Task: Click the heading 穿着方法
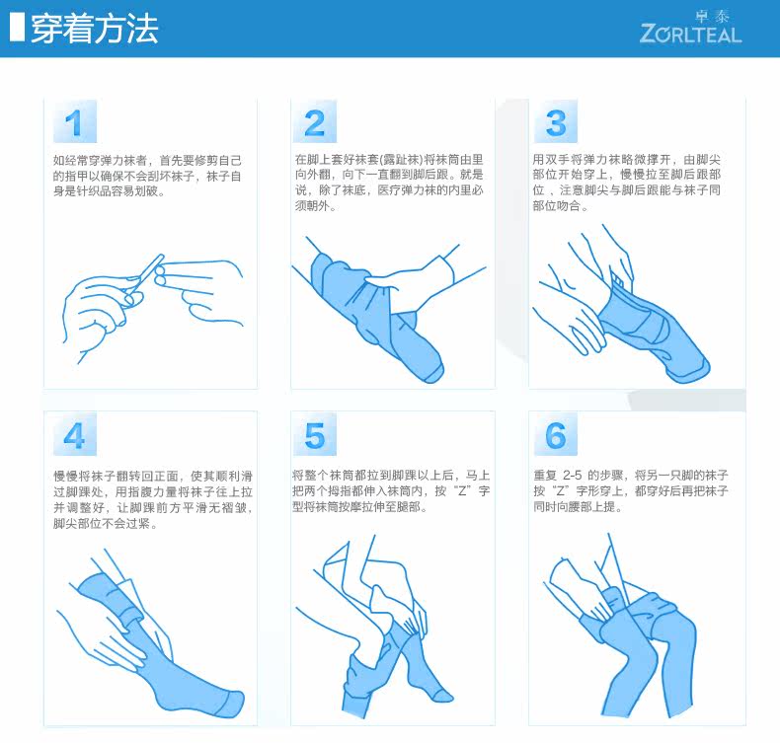[95, 29]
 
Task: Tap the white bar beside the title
[17, 28]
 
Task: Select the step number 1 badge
[75, 121]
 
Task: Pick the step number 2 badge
[314, 121]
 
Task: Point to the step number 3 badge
[556, 121]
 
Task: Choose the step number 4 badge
[75, 434]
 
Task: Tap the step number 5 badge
[314, 434]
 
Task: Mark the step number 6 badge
[556, 434]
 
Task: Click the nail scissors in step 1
[144, 280]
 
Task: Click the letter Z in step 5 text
[462, 491]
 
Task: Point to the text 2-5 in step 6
[572, 476]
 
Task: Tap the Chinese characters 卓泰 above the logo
[712, 17]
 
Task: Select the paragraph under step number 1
[148, 176]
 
